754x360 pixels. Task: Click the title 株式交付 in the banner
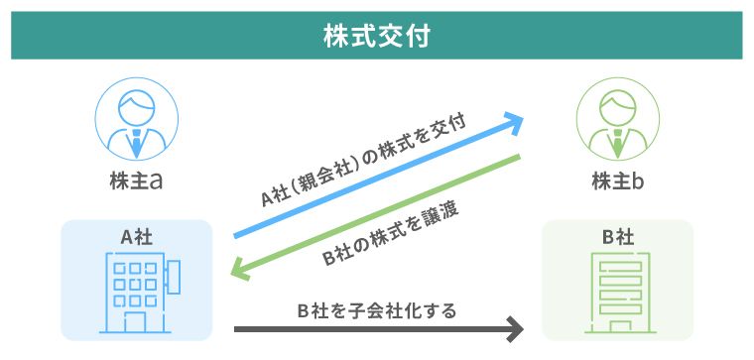click(376, 36)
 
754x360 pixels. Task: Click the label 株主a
click(137, 182)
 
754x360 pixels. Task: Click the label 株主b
click(618, 182)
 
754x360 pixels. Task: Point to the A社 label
click(137, 237)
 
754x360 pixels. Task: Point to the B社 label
click(617, 237)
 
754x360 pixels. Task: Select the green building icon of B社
click(617, 293)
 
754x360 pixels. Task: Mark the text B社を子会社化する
click(377, 311)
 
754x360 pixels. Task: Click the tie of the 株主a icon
click(137, 142)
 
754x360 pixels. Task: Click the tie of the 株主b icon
click(618, 142)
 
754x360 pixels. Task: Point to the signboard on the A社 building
click(173, 275)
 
